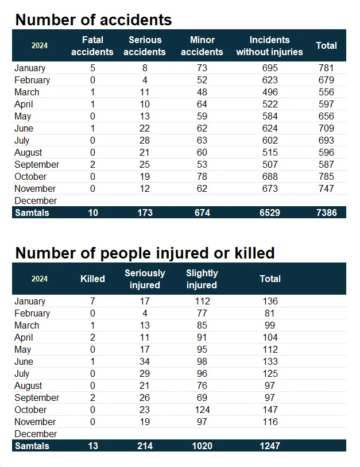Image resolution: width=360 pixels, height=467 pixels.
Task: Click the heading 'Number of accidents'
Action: tap(94, 20)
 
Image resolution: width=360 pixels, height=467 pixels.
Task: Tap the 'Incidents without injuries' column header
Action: tap(269, 46)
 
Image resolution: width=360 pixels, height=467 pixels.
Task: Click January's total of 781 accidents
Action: tap(326, 68)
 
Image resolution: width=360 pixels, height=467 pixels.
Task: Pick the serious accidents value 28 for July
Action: tap(145, 141)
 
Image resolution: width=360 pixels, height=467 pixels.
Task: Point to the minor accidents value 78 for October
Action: tap(202, 177)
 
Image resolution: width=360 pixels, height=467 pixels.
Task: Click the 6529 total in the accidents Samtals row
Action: tap(269, 213)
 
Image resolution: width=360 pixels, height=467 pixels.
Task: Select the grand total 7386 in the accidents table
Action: tap(326, 213)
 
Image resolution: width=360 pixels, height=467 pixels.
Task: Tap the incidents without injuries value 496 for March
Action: tap(269, 92)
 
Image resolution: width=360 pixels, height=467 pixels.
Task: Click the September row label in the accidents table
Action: tap(37, 165)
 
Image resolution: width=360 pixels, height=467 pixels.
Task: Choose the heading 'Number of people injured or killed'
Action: tap(145, 253)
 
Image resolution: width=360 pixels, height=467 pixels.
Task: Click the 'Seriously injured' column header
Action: tap(145, 279)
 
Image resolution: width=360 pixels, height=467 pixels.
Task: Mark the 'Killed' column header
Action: tap(92, 279)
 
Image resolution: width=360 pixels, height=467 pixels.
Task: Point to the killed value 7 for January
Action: tap(92, 302)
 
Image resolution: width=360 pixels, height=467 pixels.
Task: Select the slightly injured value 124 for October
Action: tap(202, 410)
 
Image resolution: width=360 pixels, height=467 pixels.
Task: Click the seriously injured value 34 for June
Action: tap(145, 362)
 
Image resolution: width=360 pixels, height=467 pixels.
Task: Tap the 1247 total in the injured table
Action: tap(269, 446)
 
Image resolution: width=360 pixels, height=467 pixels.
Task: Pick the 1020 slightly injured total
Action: tap(202, 446)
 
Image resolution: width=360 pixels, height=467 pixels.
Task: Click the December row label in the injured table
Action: tap(36, 434)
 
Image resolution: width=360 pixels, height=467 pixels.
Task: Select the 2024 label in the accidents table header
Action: tap(40, 46)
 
